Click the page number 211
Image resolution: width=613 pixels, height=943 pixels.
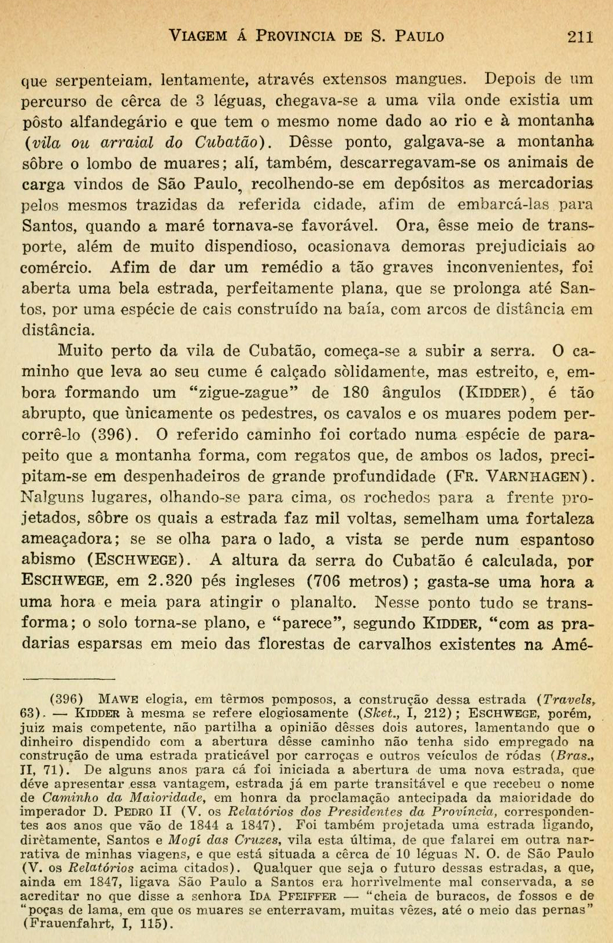[x=580, y=36]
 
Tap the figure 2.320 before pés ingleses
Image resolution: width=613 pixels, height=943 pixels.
[x=171, y=582]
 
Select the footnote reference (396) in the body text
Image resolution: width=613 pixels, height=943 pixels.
[x=115, y=435]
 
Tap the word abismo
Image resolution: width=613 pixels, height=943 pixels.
[x=49, y=560]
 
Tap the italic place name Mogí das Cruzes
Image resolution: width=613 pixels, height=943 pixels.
[x=222, y=840]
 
